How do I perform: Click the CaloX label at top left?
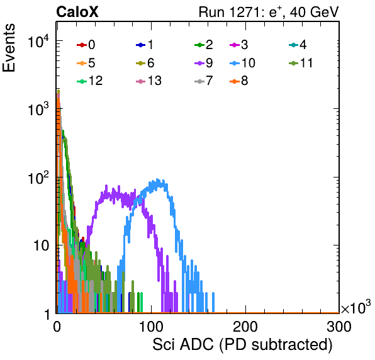[x=77, y=12]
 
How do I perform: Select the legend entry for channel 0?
[x=86, y=45]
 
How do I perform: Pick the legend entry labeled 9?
[x=203, y=63]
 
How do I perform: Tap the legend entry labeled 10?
[x=242, y=63]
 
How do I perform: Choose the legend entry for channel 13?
[x=148, y=81]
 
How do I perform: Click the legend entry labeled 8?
[x=238, y=81]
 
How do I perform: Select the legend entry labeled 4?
[x=298, y=45]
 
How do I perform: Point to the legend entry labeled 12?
[x=90, y=81]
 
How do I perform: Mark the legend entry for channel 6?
[x=145, y=63]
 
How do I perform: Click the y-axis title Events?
[x=9, y=48]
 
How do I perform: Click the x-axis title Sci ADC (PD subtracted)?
[x=242, y=345]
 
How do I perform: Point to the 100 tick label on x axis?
[x=152, y=327]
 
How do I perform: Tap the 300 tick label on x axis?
[x=339, y=327]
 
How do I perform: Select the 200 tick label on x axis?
[x=245, y=327]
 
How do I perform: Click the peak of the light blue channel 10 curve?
[x=157, y=179]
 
